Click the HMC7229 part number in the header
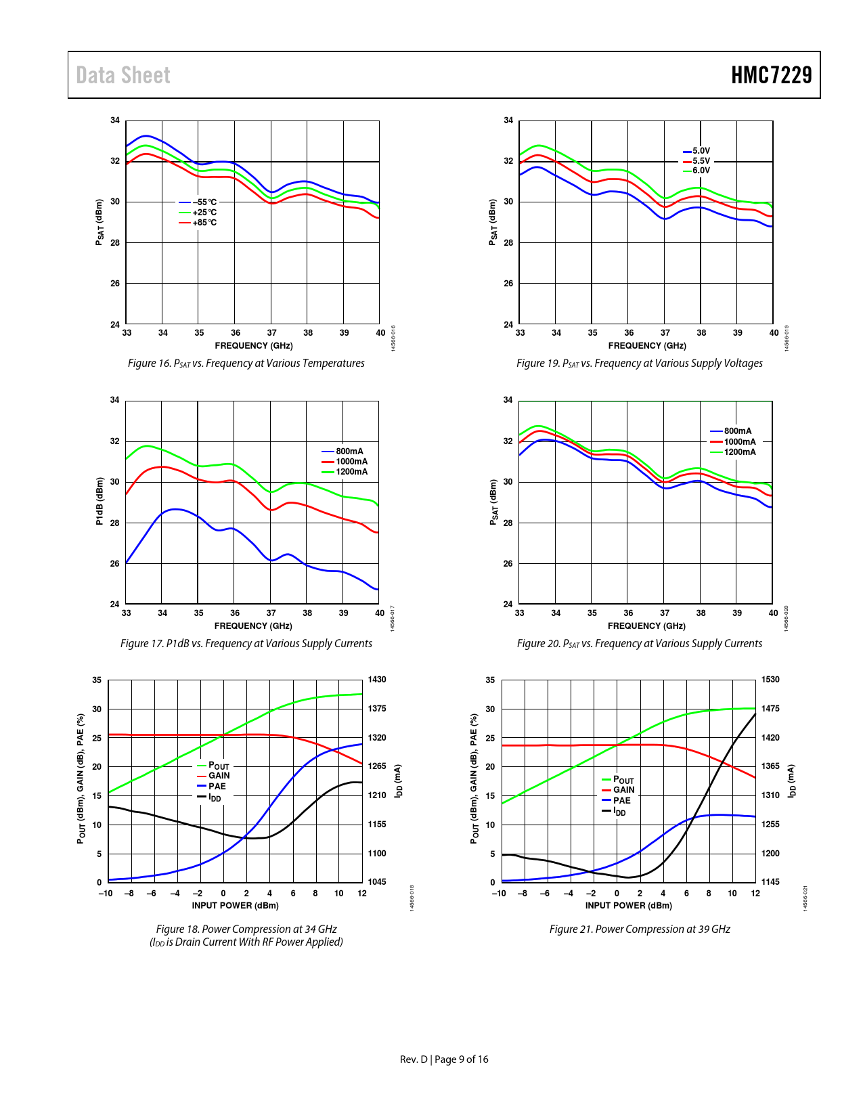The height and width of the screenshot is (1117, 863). click(x=771, y=75)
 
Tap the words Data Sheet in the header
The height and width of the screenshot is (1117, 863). click(x=123, y=75)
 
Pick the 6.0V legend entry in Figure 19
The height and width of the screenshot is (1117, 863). click(x=701, y=171)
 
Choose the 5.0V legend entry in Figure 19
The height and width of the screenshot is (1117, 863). click(x=701, y=151)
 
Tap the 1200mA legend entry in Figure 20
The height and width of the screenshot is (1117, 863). click(x=740, y=452)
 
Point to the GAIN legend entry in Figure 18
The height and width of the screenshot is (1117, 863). click(x=219, y=776)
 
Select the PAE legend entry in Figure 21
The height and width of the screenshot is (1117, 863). click(x=621, y=801)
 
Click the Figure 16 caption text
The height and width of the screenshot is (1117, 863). click(x=246, y=364)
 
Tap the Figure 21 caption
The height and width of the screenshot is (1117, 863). click(x=640, y=929)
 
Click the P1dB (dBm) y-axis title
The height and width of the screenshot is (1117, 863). click(x=99, y=501)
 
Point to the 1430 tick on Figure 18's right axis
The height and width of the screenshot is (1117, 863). click(x=377, y=680)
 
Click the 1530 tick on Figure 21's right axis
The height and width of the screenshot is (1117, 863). click(x=770, y=680)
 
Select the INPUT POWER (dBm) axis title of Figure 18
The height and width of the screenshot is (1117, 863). click(x=235, y=906)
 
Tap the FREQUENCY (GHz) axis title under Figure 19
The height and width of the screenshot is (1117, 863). click(x=647, y=346)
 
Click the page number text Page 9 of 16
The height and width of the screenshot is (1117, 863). click(x=461, y=1059)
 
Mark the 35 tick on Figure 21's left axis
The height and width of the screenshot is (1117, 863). click(x=490, y=680)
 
